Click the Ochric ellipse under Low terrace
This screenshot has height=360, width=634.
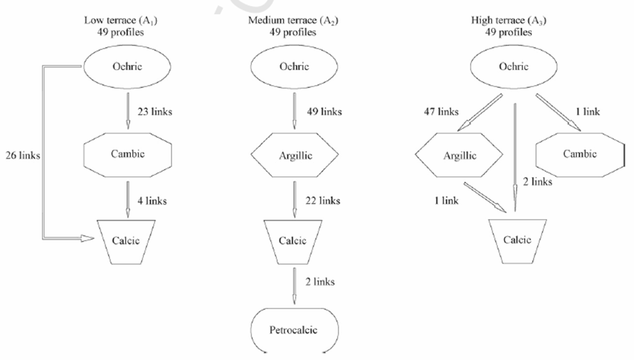pyautogui.click(x=126, y=67)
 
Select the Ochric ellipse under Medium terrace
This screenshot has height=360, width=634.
pyautogui.click(x=294, y=67)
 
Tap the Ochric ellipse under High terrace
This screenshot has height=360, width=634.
pyautogui.click(x=514, y=67)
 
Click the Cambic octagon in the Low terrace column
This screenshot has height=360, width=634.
pyautogui.click(x=127, y=154)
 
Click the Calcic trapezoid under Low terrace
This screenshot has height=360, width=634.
pyautogui.click(x=126, y=241)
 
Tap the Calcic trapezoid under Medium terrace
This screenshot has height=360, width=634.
pyautogui.click(x=293, y=241)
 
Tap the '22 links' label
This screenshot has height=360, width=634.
pyautogui.click(x=323, y=201)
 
